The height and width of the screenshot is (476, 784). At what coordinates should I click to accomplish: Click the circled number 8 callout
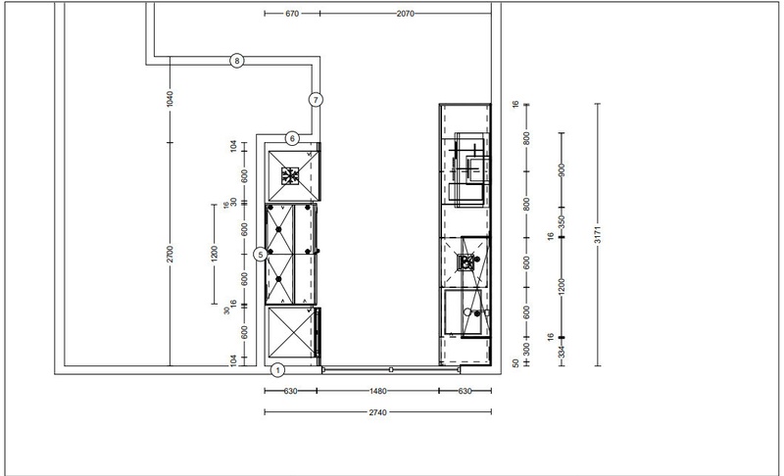[237, 61]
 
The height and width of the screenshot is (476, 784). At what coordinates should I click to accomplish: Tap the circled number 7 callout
[316, 100]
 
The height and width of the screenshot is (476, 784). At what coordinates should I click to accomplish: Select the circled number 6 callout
[292, 138]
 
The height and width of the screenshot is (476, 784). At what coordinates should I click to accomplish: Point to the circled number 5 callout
[261, 255]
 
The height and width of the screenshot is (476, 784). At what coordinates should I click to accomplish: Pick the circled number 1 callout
[278, 370]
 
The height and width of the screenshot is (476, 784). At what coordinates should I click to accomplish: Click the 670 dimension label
[292, 14]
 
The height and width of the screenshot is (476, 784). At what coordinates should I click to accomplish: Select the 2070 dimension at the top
[406, 14]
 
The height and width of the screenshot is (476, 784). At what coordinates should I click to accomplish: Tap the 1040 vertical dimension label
[170, 98]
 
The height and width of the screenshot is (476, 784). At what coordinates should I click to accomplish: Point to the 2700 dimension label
[170, 254]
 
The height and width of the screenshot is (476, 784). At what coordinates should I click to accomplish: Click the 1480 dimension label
[378, 391]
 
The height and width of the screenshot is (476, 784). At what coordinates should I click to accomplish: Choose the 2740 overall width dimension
[378, 412]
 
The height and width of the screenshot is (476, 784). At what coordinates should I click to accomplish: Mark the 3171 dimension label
[598, 235]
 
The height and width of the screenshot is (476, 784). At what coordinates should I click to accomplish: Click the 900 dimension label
[562, 170]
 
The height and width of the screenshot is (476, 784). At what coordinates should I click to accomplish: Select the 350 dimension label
[562, 221]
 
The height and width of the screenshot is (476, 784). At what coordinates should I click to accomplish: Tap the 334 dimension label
[562, 353]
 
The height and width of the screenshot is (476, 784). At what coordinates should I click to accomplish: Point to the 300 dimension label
[526, 349]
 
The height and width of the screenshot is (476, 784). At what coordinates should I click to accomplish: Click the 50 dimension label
[516, 363]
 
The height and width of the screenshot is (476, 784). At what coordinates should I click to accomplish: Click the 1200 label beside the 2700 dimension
[215, 254]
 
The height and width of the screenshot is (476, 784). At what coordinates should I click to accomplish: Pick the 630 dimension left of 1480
[290, 391]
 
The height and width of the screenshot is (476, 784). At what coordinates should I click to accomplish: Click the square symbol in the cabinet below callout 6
[290, 176]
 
